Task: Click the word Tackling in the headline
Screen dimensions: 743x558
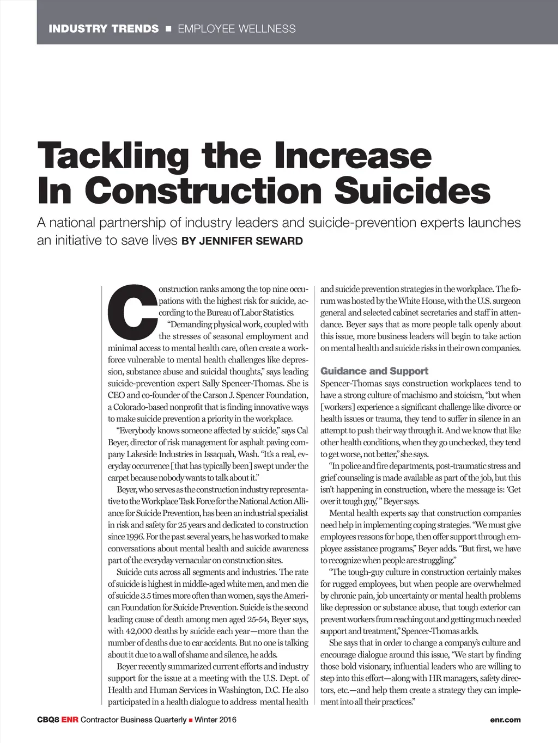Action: [x=112, y=156]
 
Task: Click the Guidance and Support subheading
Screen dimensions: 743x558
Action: [x=374, y=371]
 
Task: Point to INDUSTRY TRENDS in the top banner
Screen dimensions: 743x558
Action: [x=104, y=29]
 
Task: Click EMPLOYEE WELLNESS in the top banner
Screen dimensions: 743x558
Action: [x=236, y=29]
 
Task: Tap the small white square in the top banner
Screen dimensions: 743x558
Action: [x=168, y=29]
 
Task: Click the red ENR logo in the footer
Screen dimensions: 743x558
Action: [x=70, y=720]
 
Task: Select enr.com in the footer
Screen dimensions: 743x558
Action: [x=505, y=720]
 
